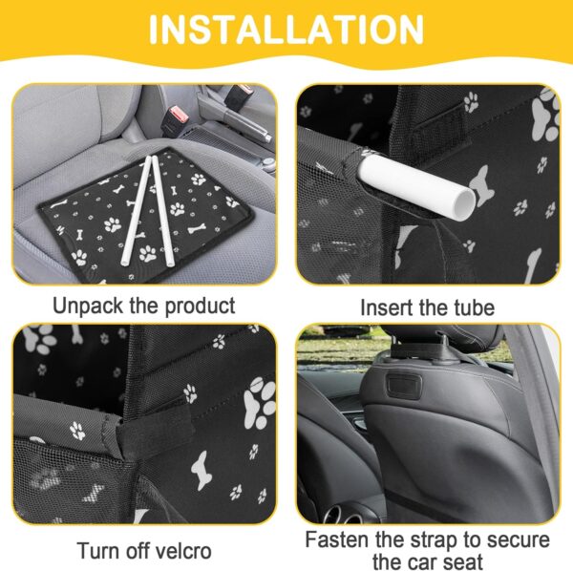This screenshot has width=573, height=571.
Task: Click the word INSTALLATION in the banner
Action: (286, 30)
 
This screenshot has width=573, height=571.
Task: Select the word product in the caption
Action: (200, 307)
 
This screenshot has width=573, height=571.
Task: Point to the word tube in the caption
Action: (474, 307)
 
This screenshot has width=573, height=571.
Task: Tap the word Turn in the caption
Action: (95, 551)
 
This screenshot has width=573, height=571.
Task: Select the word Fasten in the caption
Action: (336, 539)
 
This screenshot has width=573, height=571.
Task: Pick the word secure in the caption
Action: (520, 540)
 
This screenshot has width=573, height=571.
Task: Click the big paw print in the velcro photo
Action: (259, 403)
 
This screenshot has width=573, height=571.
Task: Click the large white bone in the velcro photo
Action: (200, 470)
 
